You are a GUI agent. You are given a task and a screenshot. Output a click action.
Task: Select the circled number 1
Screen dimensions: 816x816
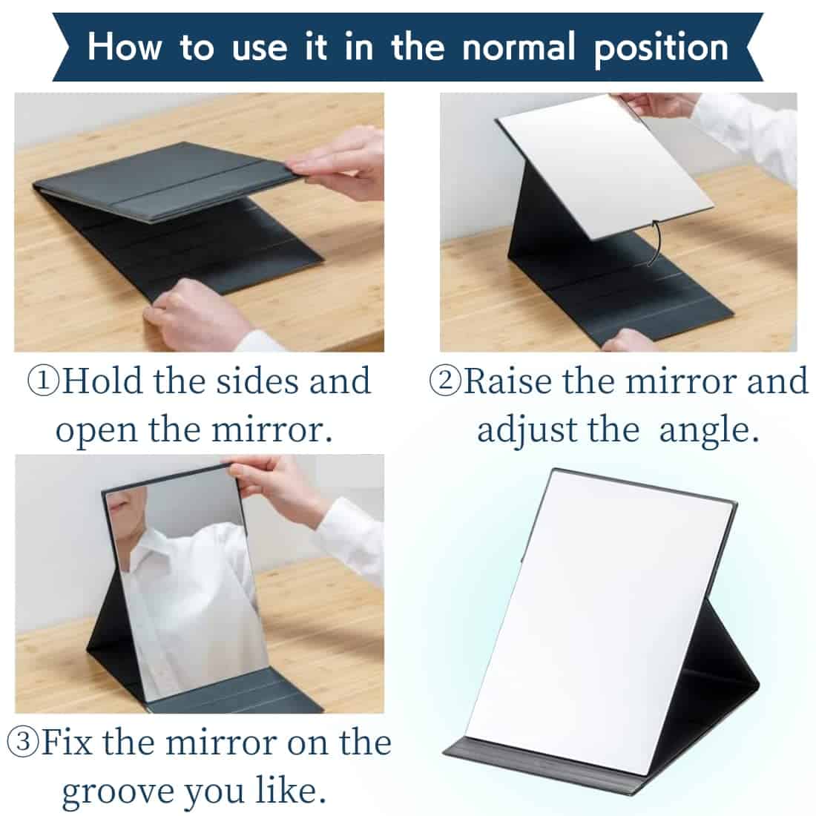[43, 381]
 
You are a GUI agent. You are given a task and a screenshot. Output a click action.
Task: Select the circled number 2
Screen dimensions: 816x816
[445, 381]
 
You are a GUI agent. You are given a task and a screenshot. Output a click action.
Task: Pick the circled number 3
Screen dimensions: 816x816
[24, 741]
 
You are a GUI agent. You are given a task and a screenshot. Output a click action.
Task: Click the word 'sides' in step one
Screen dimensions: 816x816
[257, 381]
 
